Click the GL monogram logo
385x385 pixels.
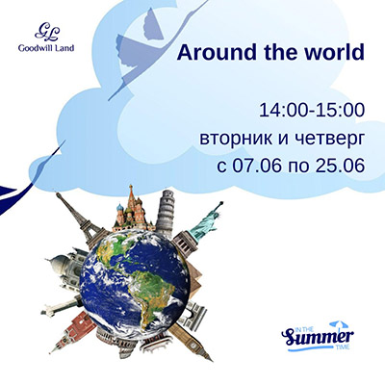[47, 32]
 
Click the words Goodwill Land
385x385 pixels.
[46, 48]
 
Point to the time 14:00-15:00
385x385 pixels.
[312, 111]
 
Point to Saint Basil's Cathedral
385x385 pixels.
[131, 211]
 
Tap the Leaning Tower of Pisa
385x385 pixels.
[167, 213]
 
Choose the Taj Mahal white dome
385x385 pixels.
[62, 266]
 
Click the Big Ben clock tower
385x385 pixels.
[190, 341]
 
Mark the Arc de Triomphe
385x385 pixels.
[194, 313]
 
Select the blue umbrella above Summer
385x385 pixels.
[338, 324]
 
